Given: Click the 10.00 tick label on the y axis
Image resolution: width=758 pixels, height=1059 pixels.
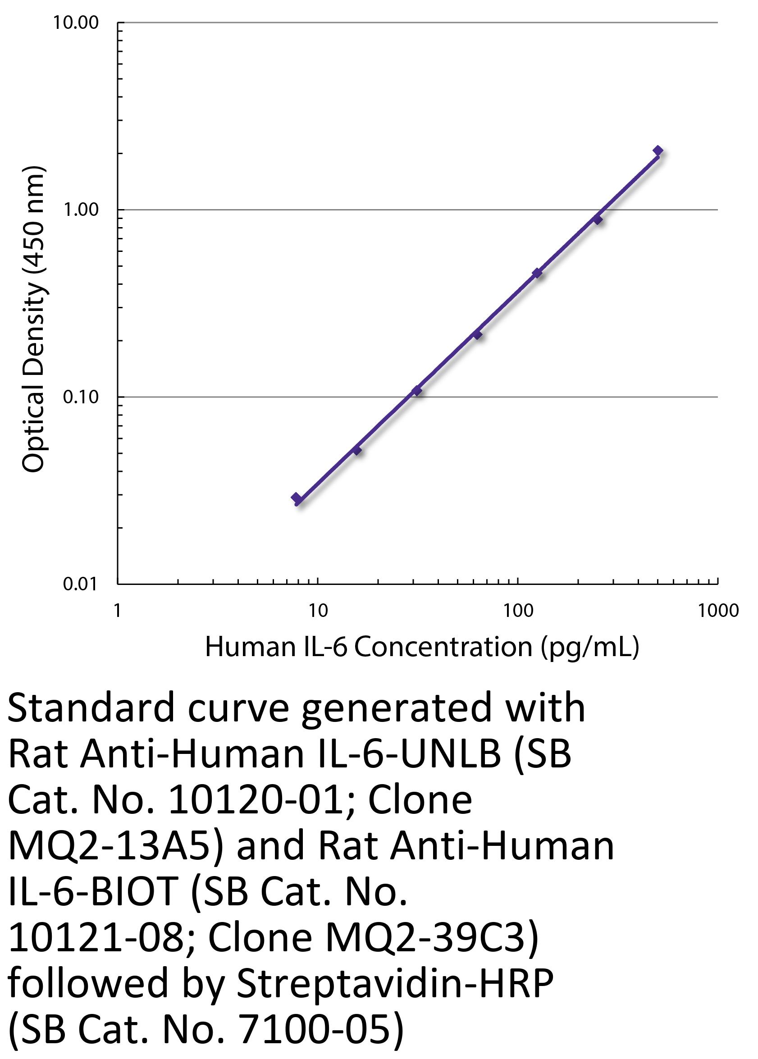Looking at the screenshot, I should click(x=76, y=23).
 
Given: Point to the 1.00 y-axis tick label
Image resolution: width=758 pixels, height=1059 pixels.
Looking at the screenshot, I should click(x=82, y=210).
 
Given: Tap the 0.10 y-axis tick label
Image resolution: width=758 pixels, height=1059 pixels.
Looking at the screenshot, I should click(x=82, y=397).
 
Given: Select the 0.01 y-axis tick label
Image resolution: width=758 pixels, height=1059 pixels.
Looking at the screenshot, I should click(x=82, y=584).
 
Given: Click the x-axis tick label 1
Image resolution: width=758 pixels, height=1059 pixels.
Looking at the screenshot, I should click(x=118, y=611).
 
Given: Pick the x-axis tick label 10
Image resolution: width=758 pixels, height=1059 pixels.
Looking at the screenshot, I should click(x=318, y=611).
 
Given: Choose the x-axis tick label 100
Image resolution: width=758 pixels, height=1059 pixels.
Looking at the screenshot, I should click(x=518, y=611).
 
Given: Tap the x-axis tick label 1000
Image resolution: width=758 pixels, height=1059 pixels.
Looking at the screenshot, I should click(x=718, y=611).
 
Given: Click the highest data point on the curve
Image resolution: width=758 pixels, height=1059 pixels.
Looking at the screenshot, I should click(x=658, y=151).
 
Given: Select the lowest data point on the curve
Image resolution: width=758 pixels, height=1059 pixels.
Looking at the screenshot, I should click(x=296, y=498).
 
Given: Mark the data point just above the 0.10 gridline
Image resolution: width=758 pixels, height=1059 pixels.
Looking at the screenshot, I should click(x=417, y=391).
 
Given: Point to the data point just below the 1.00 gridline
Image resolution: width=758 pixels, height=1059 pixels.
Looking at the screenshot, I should click(x=598, y=219).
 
